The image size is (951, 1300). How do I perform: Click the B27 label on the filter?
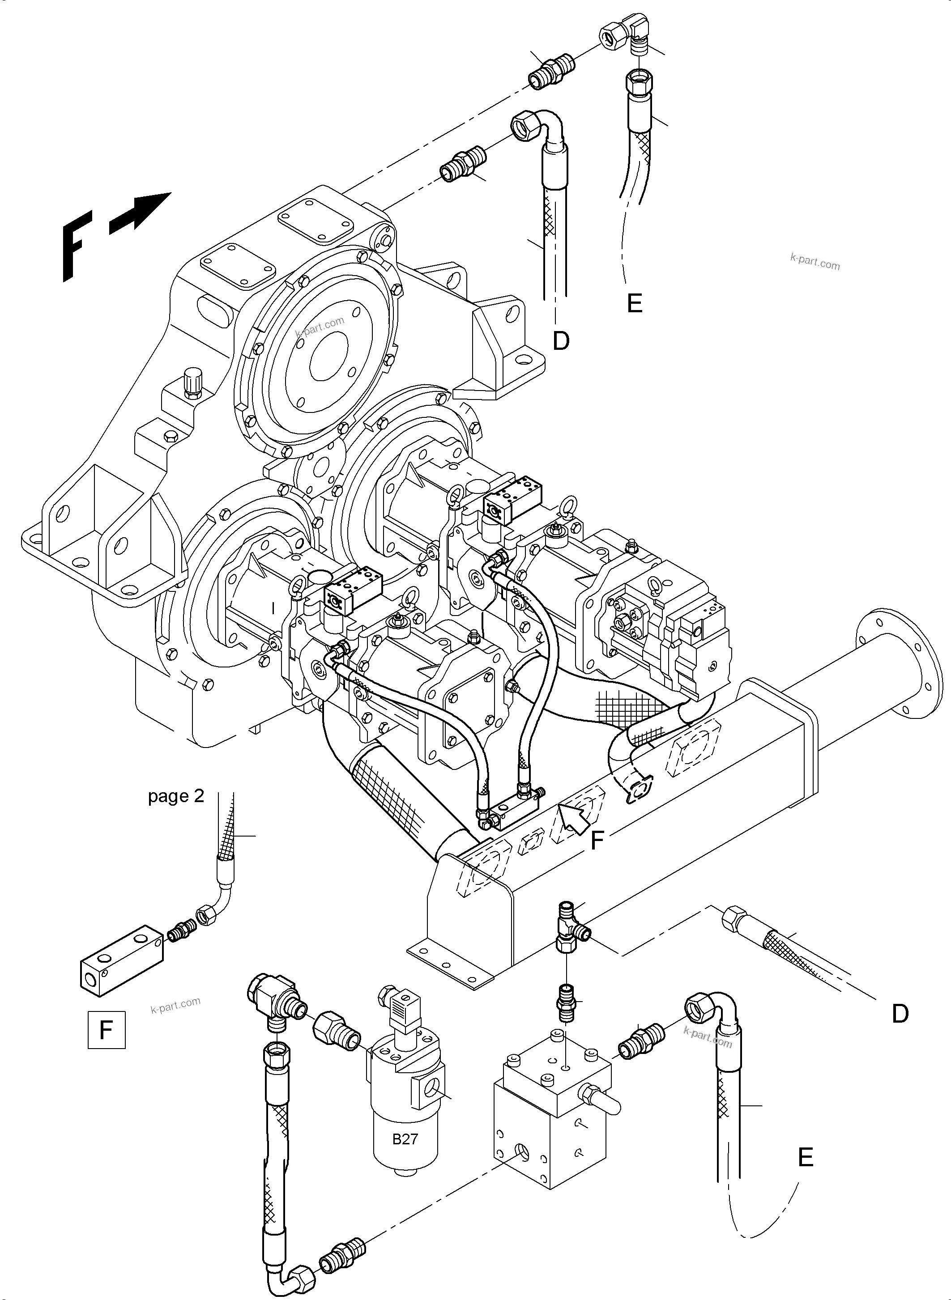pos(405,1139)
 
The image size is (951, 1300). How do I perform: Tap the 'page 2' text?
pos(176,796)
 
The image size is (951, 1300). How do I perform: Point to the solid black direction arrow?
pos(141,212)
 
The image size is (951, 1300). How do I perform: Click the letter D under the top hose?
pos(561,341)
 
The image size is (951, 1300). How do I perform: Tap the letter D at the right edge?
pos(900,1014)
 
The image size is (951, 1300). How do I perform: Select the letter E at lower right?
pos(806,1157)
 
